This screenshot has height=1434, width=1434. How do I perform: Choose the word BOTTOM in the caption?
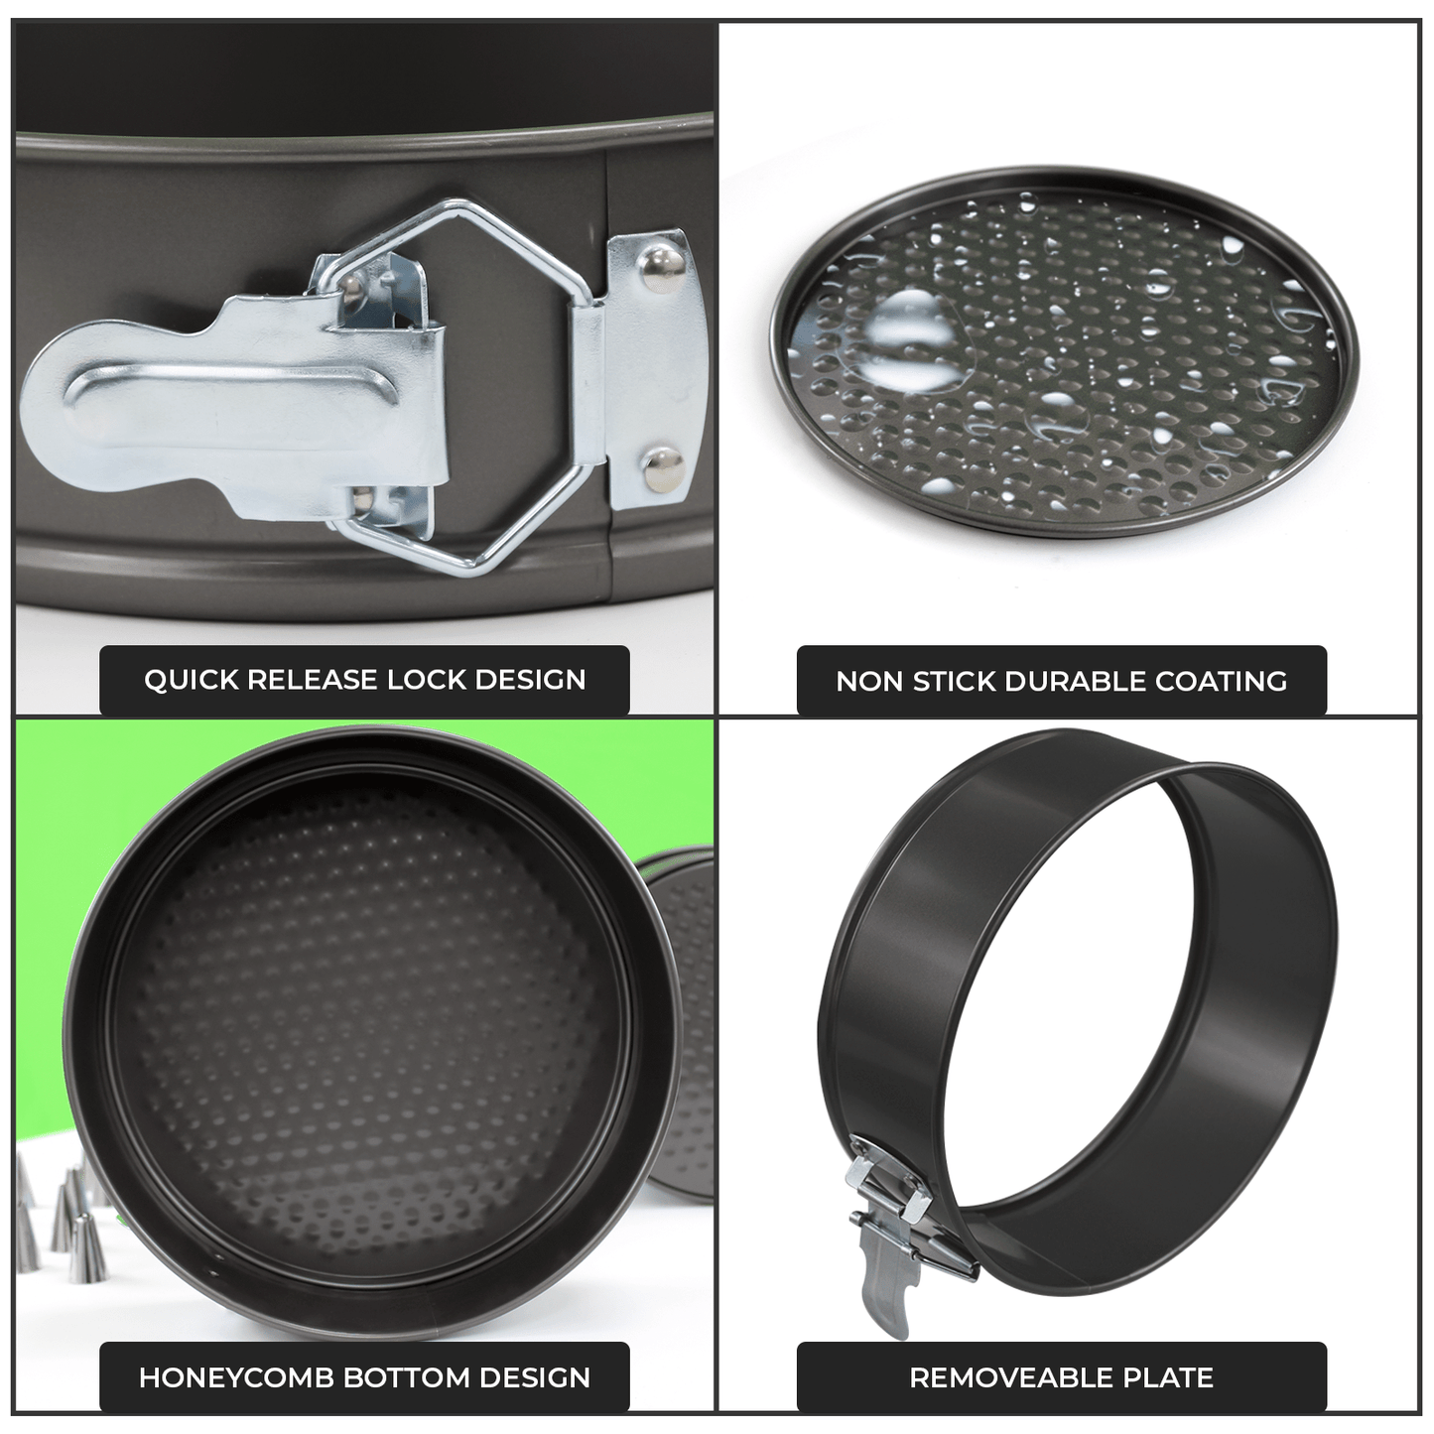406,1378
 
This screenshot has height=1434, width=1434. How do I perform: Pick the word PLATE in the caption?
1170,1378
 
